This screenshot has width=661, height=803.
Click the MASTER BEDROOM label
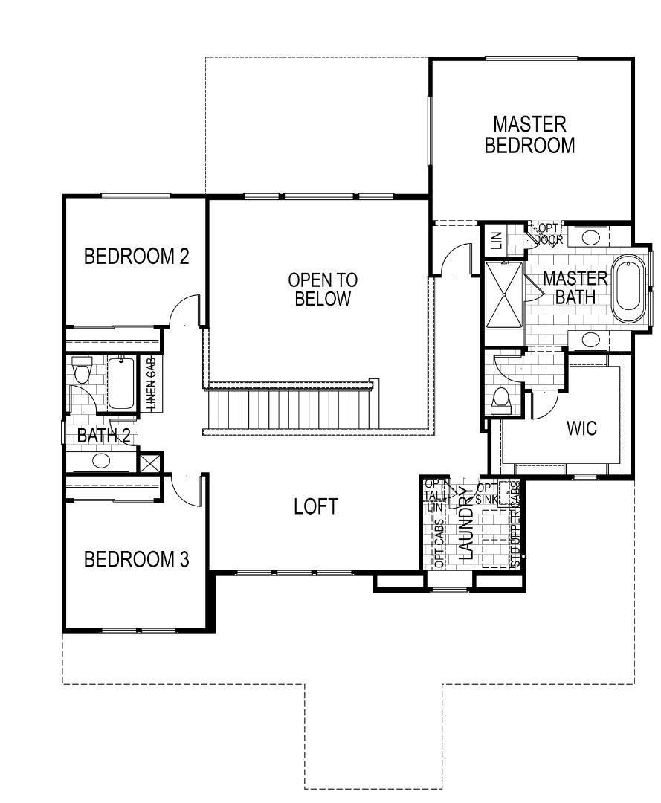(x=529, y=135)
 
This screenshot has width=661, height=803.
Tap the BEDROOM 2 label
(x=136, y=257)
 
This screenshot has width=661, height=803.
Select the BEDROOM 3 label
(x=136, y=559)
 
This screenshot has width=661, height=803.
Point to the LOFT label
(x=315, y=507)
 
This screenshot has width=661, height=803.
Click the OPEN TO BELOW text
(x=323, y=290)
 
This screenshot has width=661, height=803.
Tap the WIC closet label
(x=581, y=429)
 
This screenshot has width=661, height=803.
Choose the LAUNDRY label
(x=466, y=523)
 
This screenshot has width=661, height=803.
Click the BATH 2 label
(x=103, y=436)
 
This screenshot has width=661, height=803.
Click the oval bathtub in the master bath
(x=631, y=288)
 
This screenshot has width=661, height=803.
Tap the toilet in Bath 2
(x=82, y=369)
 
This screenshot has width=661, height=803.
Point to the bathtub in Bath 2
(x=121, y=383)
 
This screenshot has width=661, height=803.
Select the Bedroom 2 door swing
(x=184, y=312)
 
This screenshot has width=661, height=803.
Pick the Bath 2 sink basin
(x=100, y=461)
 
